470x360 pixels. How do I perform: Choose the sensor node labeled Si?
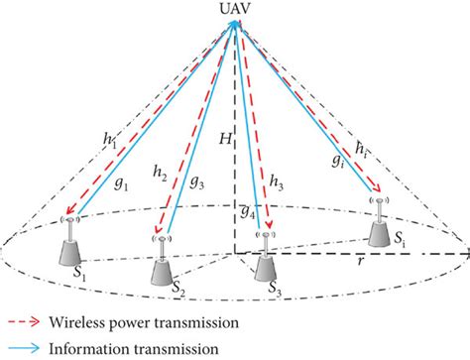point(382,226)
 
